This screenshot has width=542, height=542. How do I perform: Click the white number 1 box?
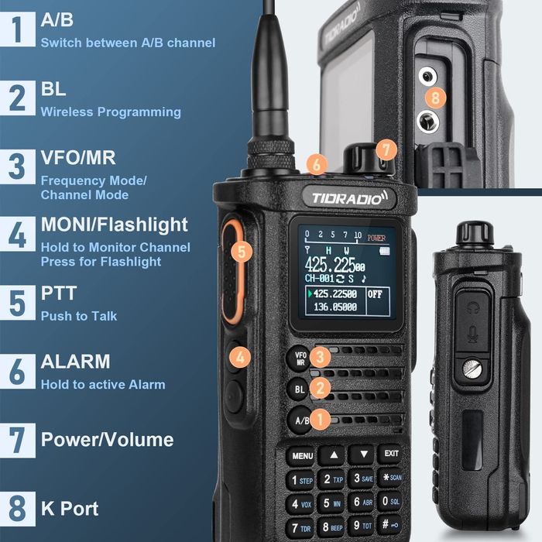click(17, 29)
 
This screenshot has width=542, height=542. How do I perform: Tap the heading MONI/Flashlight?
click(114, 225)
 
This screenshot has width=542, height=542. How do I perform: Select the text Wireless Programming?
click(111, 112)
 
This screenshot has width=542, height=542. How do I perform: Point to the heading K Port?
click(70, 509)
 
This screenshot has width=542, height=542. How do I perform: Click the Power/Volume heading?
click(107, 440)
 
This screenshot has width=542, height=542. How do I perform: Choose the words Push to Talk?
click(79, 316)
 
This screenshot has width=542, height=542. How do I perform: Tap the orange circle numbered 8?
click(436, 98)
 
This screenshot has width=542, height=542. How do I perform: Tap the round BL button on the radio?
click(300, 389)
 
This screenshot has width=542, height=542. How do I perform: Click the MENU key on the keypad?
click(303, 456)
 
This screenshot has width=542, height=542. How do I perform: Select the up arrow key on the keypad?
click(332, 455)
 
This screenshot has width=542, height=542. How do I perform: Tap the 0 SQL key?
click(390, 503)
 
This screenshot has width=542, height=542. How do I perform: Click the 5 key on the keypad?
click(331, 503)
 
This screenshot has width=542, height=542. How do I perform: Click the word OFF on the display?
click(375, 295)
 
